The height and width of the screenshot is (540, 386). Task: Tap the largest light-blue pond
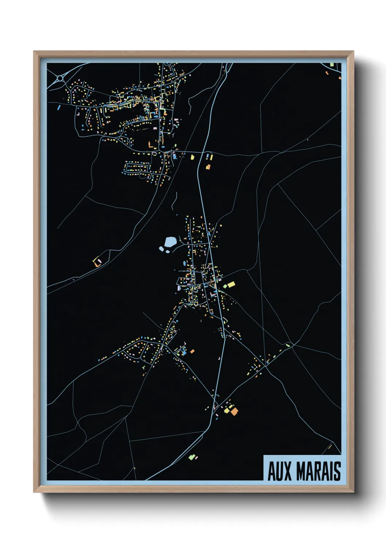(170, 242)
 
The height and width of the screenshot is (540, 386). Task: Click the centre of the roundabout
(60, 78)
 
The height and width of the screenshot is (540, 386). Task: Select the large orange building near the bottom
(234, 412)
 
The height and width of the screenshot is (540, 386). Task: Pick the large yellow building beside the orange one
(227, 410)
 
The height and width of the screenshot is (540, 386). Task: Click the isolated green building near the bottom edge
(191, 456)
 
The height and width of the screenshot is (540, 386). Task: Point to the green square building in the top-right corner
(332, 65)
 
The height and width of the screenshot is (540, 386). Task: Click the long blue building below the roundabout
(59, 107)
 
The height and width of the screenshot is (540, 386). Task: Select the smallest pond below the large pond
(167, 251)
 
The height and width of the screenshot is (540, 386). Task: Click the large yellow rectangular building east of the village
(231, 284)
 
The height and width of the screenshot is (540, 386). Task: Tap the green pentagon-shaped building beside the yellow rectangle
(225, 286)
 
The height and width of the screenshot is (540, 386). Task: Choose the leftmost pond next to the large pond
(161, 249)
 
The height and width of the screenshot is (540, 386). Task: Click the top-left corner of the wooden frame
(34, 52)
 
